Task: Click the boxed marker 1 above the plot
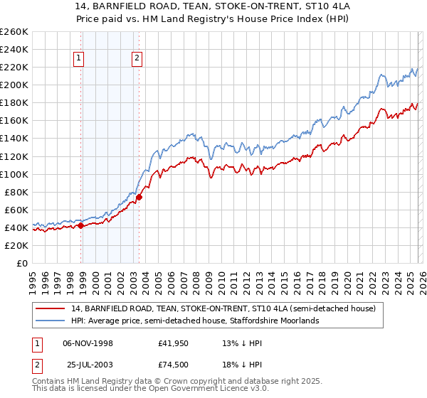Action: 78,60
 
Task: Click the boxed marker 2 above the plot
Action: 136,60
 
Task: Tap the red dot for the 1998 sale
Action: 80,225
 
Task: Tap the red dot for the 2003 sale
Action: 139,197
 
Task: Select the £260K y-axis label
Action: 14,32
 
